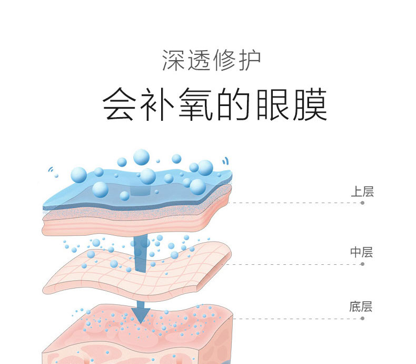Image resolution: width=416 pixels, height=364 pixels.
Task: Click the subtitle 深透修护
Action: point(211,61)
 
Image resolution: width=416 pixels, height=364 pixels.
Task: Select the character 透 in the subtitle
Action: point(199,61)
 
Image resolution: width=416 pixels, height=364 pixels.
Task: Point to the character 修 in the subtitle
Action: point(224,61)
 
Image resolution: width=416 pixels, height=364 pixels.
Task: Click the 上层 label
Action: point(362,191)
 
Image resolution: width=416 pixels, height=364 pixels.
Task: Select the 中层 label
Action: point(362,253)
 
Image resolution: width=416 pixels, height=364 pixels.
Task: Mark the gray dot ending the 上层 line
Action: point(362,203)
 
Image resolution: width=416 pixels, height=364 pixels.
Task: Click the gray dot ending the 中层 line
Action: point(362,264)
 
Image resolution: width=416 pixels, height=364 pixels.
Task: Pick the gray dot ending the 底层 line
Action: point(362,319)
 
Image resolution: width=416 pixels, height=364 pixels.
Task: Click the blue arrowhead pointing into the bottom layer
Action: point(141,314)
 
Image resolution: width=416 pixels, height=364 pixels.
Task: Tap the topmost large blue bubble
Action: point(141,156)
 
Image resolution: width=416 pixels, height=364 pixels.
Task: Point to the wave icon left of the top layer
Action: point(52,170)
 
